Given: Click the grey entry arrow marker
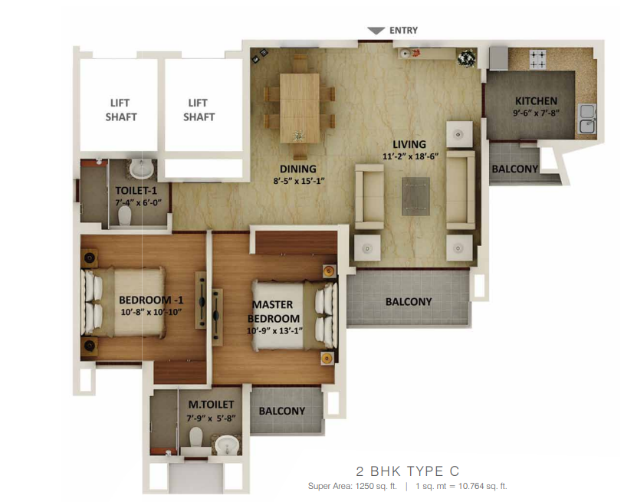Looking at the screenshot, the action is click(376, 31).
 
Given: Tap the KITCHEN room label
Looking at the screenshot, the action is click(536, 101).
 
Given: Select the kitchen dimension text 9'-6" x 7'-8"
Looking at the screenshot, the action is click(536, 113).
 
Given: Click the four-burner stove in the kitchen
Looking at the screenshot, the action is click(537, 58).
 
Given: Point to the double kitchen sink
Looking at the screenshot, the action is click(587, 118).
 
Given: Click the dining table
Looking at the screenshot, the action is click(300, 108).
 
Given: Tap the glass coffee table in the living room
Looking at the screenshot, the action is click(415, 196).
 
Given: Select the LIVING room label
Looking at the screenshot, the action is click(409, 144).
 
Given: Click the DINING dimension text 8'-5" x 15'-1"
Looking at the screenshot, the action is click(299, 181).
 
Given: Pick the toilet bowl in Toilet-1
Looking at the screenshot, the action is click(124, 215).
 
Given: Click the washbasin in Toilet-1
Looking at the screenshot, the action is click(142, 169).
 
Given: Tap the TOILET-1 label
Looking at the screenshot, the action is click(136, 191).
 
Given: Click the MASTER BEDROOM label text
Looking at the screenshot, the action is click(274, 311).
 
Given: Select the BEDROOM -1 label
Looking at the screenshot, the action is click(151, 300).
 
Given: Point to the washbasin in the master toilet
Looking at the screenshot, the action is click(227, 445).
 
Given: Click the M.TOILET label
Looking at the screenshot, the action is click(211, 405).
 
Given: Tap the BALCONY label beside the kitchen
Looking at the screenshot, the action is click(515, 169).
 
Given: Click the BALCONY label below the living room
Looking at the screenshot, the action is click(409, 302).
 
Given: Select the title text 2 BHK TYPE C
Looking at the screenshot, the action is click(408, 471).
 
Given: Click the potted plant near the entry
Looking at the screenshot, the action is click(466, 58).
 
